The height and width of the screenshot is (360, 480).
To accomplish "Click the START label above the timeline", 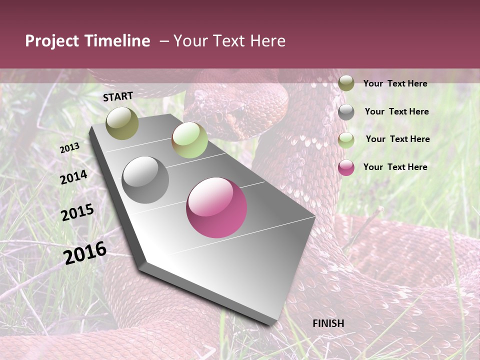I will pos(118,96).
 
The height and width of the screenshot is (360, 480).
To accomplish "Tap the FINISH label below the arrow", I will pos(328,323).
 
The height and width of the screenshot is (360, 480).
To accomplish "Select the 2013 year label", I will pos(69,148).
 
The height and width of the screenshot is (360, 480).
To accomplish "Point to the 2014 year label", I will pos(73,177).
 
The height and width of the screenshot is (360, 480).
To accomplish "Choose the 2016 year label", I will pos(85,252).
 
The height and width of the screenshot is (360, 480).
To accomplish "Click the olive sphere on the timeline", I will pos(122,123).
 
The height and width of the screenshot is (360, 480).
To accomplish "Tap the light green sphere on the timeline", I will pos(189,140).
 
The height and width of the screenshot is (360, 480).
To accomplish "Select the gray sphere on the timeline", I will pos(145,180).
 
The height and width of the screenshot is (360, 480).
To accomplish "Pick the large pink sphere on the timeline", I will pos(216,207).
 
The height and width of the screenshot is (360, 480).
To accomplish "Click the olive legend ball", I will pos(346,83).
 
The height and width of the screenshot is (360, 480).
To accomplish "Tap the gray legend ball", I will pos(346,112).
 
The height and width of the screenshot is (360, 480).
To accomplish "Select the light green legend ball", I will pos(346,139).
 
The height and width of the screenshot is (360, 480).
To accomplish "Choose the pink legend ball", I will pos(346,167).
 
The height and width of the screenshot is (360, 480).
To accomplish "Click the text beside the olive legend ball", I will pos(395,83).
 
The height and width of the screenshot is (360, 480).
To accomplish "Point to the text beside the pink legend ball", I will pos(395,167).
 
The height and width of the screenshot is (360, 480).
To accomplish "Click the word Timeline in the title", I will pos(117,41).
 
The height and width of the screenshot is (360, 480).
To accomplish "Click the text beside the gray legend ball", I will pos(396,111).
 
